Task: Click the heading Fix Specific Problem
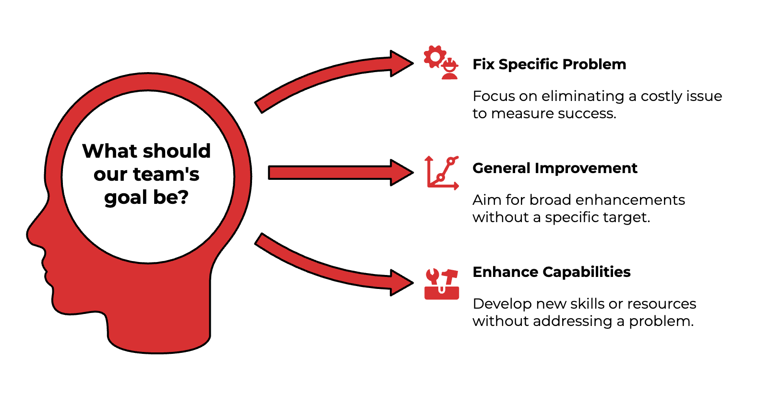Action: coord(549,64)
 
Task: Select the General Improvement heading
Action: coord(554,168)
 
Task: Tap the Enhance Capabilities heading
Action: coord(551,272)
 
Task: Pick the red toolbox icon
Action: coord(442,284)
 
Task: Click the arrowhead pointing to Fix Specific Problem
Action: coord(401,63)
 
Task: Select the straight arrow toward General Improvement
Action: coord(336,173)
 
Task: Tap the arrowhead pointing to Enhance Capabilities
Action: coord(401,283)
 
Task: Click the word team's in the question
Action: coord(166,174)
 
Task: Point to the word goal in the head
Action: coord(124,197)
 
